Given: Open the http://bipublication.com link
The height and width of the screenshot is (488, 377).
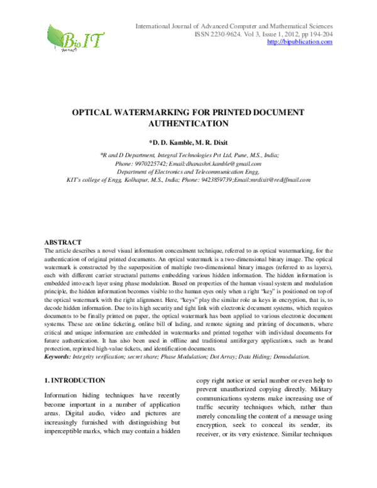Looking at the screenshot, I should coord(300,42).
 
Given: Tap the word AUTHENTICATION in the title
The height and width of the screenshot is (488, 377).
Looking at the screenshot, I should coord(188,124).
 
